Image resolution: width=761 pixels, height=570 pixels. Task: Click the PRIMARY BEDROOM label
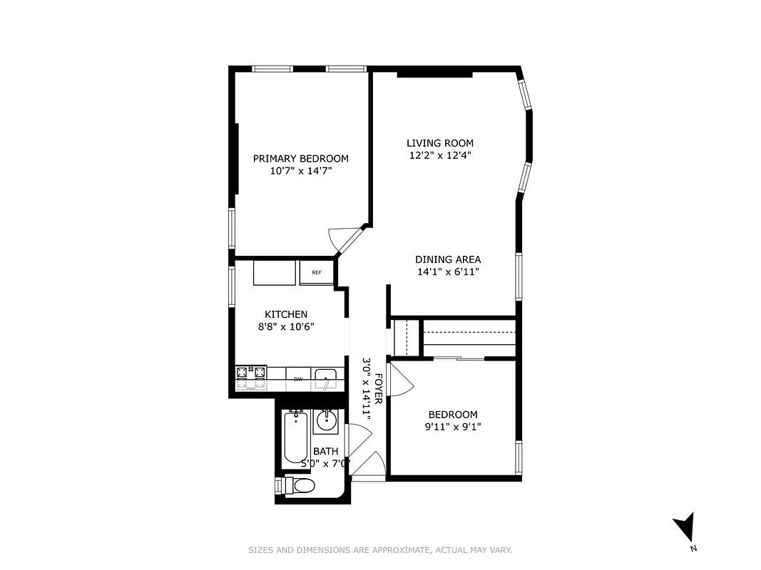(300, 159)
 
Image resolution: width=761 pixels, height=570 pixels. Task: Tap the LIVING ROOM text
(439, 143)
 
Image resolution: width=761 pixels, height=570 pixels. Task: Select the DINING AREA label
(448, 260)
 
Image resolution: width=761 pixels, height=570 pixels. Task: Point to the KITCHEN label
(286, 314)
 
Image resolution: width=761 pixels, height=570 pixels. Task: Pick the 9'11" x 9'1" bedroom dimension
(452, 427)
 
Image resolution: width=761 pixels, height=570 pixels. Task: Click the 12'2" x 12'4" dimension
(439, 155)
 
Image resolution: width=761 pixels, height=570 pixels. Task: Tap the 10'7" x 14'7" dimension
(300, 171)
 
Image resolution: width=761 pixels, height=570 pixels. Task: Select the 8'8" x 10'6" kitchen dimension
(286, 326)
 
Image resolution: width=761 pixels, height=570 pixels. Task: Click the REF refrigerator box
(316, 272)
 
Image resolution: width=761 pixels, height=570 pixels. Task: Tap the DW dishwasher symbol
(298, 379)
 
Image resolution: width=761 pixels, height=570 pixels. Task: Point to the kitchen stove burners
(251, 378)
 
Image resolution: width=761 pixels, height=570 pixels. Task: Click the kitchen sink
(327, 378)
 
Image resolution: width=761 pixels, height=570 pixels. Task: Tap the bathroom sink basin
(327, 421)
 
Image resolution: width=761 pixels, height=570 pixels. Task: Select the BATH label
(325, 451)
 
